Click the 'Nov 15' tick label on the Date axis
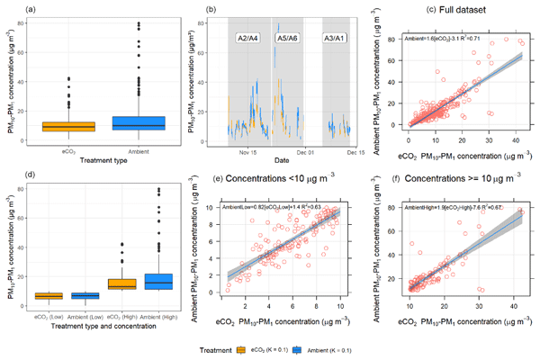pos(249,152)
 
